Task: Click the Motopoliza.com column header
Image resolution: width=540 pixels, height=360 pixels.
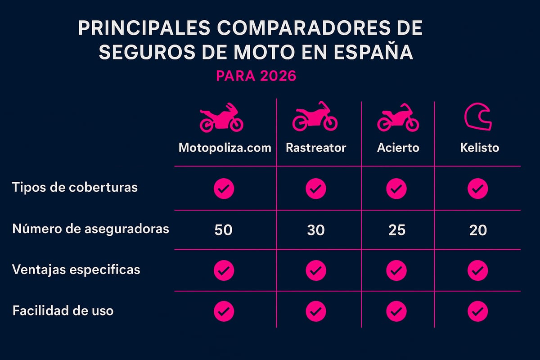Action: [x=225, y=148]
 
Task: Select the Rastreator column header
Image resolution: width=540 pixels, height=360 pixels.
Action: [x=316, y=148]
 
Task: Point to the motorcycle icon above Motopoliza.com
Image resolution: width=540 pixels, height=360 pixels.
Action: [x=221, y=118]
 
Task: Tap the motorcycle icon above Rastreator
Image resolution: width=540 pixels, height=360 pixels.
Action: [x=315, y=117]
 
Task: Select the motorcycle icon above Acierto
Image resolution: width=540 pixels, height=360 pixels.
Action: [x=398, y=118]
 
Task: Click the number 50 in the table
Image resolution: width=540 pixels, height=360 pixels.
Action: [x=223, y=230]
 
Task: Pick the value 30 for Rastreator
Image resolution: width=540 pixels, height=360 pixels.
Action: [x=315, y=230]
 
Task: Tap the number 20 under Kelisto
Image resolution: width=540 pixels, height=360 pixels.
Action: [x=477, y=230]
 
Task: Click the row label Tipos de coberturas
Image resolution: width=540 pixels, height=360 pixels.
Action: [x=75, y=188]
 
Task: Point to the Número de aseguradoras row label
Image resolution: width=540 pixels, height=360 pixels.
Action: [x=90, y=229]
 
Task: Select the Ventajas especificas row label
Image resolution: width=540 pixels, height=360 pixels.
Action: [x=76, y=270]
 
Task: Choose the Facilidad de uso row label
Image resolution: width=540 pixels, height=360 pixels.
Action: [x=63, y=310]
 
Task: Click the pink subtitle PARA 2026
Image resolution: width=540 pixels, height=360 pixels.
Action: [x=256, y=76]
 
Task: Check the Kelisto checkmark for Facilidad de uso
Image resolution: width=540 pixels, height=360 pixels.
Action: [x=477, y=311]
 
